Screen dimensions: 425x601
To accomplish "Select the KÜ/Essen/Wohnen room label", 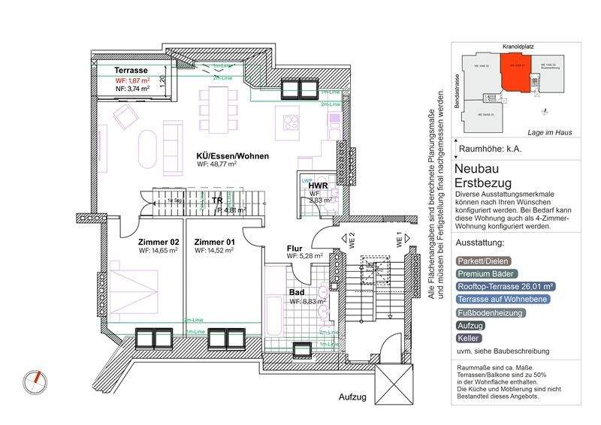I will (232, 156).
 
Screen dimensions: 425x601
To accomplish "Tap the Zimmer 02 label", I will (159, 242).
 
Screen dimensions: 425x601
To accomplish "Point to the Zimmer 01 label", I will (214, 242).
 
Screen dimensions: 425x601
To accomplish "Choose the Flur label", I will (294, 248).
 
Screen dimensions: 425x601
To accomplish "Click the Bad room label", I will (297, 292).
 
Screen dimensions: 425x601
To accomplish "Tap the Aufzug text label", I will (352, 396).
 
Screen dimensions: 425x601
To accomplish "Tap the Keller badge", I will (469, 339).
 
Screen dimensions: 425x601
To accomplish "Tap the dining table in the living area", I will (217, 105).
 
